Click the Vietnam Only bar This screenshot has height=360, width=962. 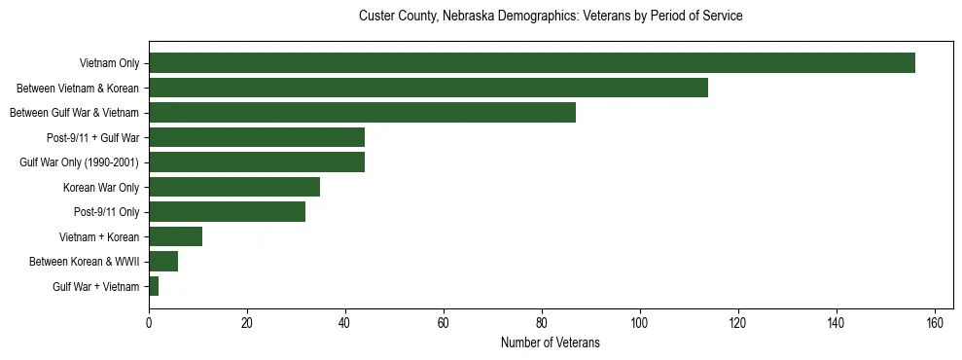(532, 63)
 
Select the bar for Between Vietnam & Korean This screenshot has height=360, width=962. (428, 88)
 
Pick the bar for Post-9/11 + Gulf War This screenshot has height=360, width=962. (257, 137)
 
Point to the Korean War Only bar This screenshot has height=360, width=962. (234, 187)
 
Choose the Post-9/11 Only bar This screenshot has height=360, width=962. (227, 212)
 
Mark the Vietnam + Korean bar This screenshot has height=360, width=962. (175, 236)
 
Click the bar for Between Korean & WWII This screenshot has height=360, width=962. (163, 261)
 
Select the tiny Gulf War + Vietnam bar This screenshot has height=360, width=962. (154, 286)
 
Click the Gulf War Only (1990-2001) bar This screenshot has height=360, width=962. (257, 162)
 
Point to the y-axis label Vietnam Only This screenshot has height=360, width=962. (109, 64)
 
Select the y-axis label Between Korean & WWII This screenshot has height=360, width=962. (85, 261)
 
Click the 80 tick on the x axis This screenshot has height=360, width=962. (542, 322)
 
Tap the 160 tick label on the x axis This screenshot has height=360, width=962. (935, 322)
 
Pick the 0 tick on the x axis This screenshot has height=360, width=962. (149, 322)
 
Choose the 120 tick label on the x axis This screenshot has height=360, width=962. (738, 322)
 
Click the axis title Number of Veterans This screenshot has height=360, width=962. (551, 342)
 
